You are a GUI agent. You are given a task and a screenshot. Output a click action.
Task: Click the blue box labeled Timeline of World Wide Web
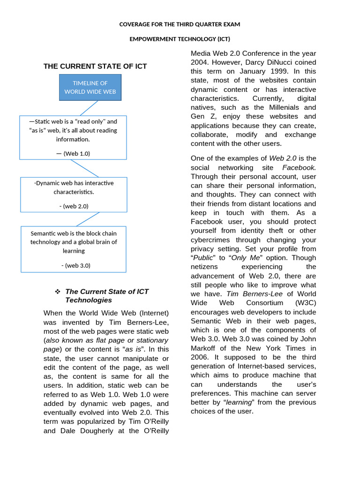(x=90, y=87)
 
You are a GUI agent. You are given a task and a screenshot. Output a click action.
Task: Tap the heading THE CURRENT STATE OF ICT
(x=95, y=67)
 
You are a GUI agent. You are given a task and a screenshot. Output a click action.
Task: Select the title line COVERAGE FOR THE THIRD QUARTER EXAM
(x=180, y=24)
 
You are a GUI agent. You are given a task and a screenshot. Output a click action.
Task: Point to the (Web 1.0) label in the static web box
(x=73, y=153)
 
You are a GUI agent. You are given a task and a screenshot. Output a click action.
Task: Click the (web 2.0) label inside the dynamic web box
(x=74, y=206)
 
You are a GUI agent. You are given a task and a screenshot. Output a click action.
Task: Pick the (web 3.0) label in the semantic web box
(x=75, y=265)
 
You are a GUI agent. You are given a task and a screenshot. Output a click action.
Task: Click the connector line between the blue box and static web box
(x=89, y=108)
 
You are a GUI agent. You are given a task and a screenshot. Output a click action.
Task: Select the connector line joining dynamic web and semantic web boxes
(x=88, y=219)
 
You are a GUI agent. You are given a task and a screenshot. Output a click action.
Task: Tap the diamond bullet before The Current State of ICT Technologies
(x=58, y=292)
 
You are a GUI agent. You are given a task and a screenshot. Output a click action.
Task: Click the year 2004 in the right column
(x=199, y=62)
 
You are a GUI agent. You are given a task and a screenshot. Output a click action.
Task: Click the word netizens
(x=205, y=267)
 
